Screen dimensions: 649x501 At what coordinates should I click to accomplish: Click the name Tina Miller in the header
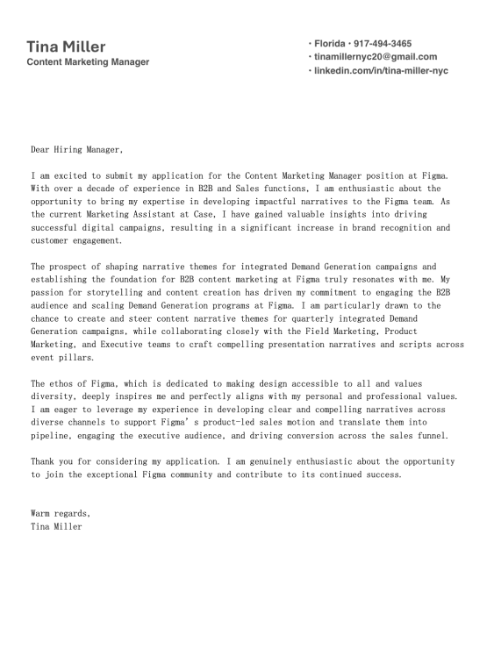pyautogui.click(x=66, y=46)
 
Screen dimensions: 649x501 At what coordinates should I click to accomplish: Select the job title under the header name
pyautogui.click(x=88, y=62)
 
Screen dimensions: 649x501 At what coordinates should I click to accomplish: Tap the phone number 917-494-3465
pyautogui.click(x=383, y=43)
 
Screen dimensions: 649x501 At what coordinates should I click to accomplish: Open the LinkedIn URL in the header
pyautogui.click(x=381, y=70)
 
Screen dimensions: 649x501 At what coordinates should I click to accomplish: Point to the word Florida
pyautogui.click(x=330, y=43)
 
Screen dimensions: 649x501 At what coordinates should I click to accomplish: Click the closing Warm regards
pyautogui.click(x=60, y=513)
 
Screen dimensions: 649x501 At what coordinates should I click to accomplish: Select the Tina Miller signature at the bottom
pyautogui.click(x=56, y=526)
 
